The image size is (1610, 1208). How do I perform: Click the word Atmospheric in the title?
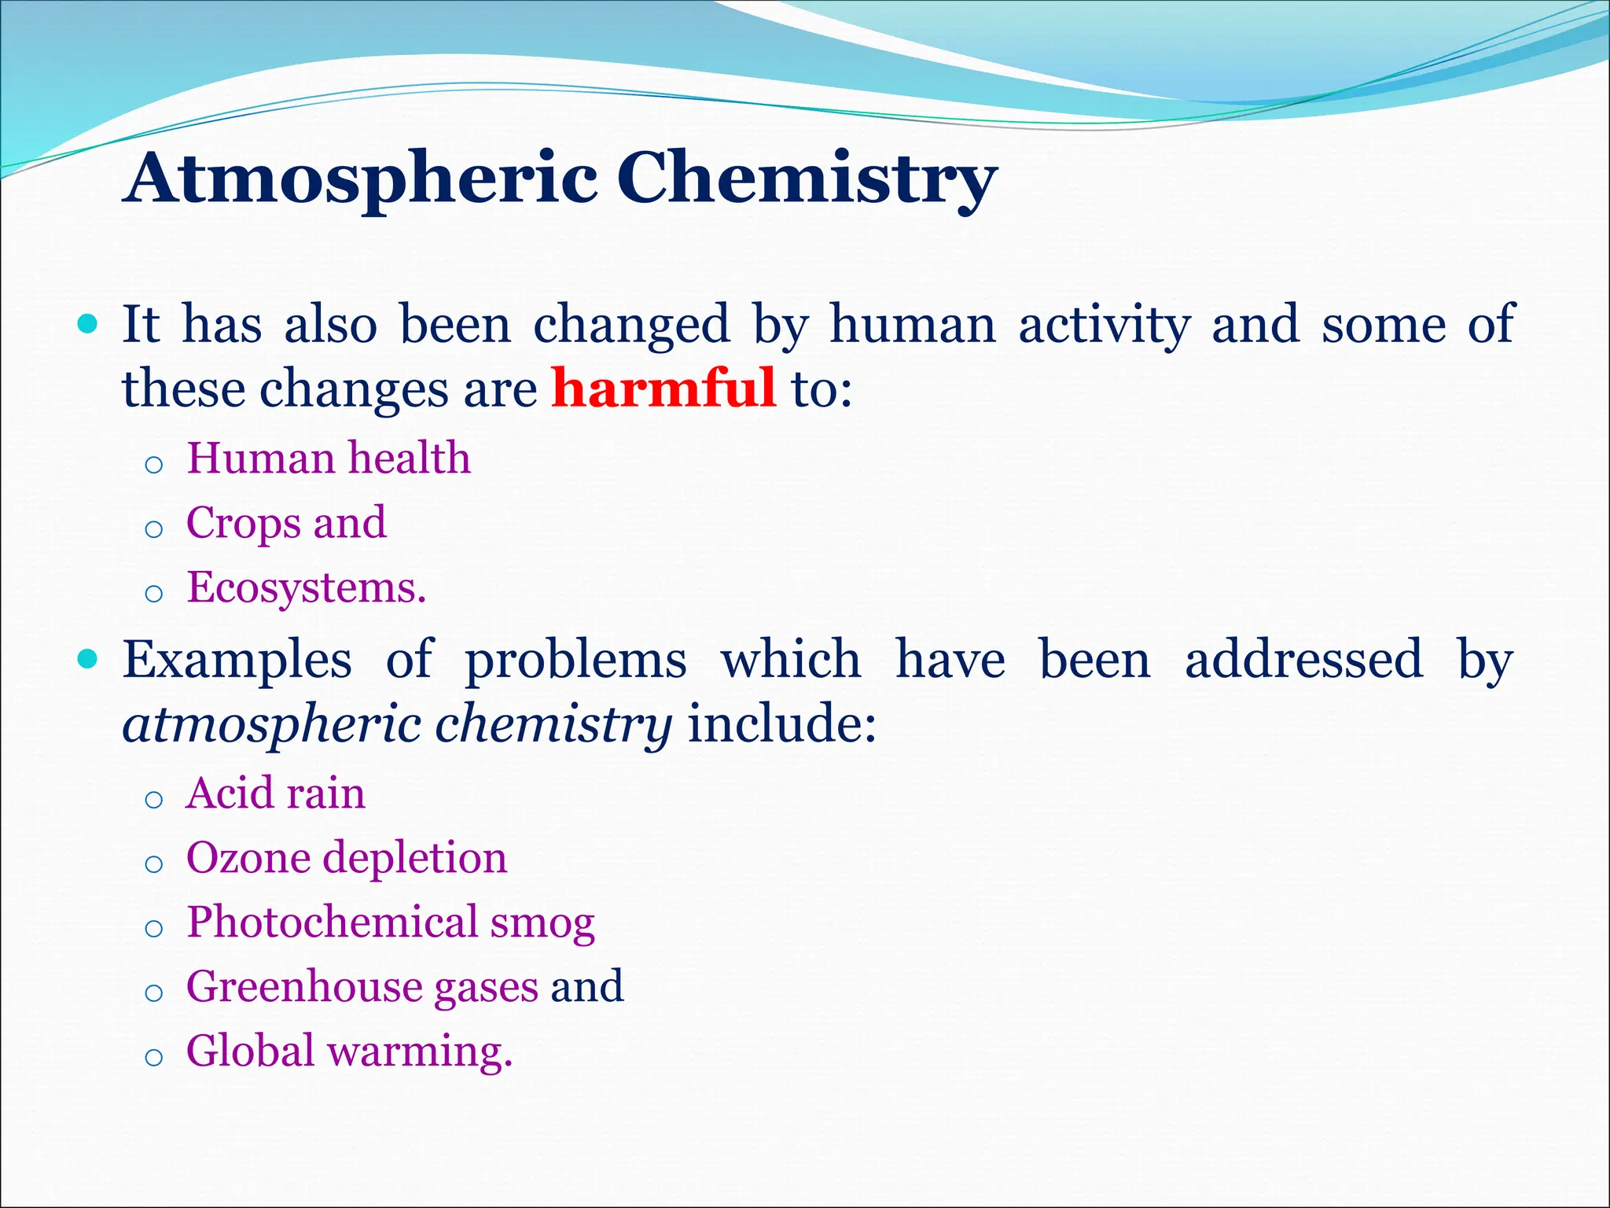click(x=362, y=178)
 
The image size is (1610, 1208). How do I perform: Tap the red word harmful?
click(x=663, y=388)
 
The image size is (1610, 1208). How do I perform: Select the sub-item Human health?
click(x=329, y=458)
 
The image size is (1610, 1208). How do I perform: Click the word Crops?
click(x=244, y=523)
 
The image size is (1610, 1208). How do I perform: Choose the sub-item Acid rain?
click(x=275, y=793)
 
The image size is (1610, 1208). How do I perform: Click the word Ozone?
click(x=248, y=857)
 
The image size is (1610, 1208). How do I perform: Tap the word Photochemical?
click(x=332, y=922)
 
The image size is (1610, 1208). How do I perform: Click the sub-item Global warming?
click(x=349, y=1051)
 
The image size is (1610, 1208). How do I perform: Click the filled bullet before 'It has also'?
click(x=88, y=323)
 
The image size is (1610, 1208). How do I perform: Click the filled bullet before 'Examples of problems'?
click(x=88, y=658)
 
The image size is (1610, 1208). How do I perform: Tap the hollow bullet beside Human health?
click(x=154, y=466)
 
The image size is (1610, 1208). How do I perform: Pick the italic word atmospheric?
click(x=273, y=724)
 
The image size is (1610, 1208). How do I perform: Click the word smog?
click(x=542, y=923)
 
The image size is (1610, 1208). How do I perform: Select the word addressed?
click(x=1303, y=659)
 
